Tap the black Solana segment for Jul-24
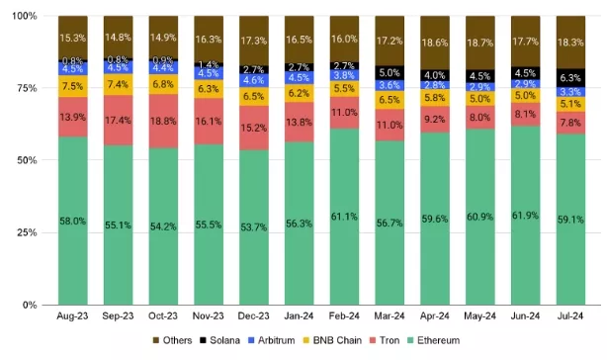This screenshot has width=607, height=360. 570,77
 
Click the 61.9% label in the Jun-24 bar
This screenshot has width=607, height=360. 526,214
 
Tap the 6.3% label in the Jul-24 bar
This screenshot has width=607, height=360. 570,77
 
